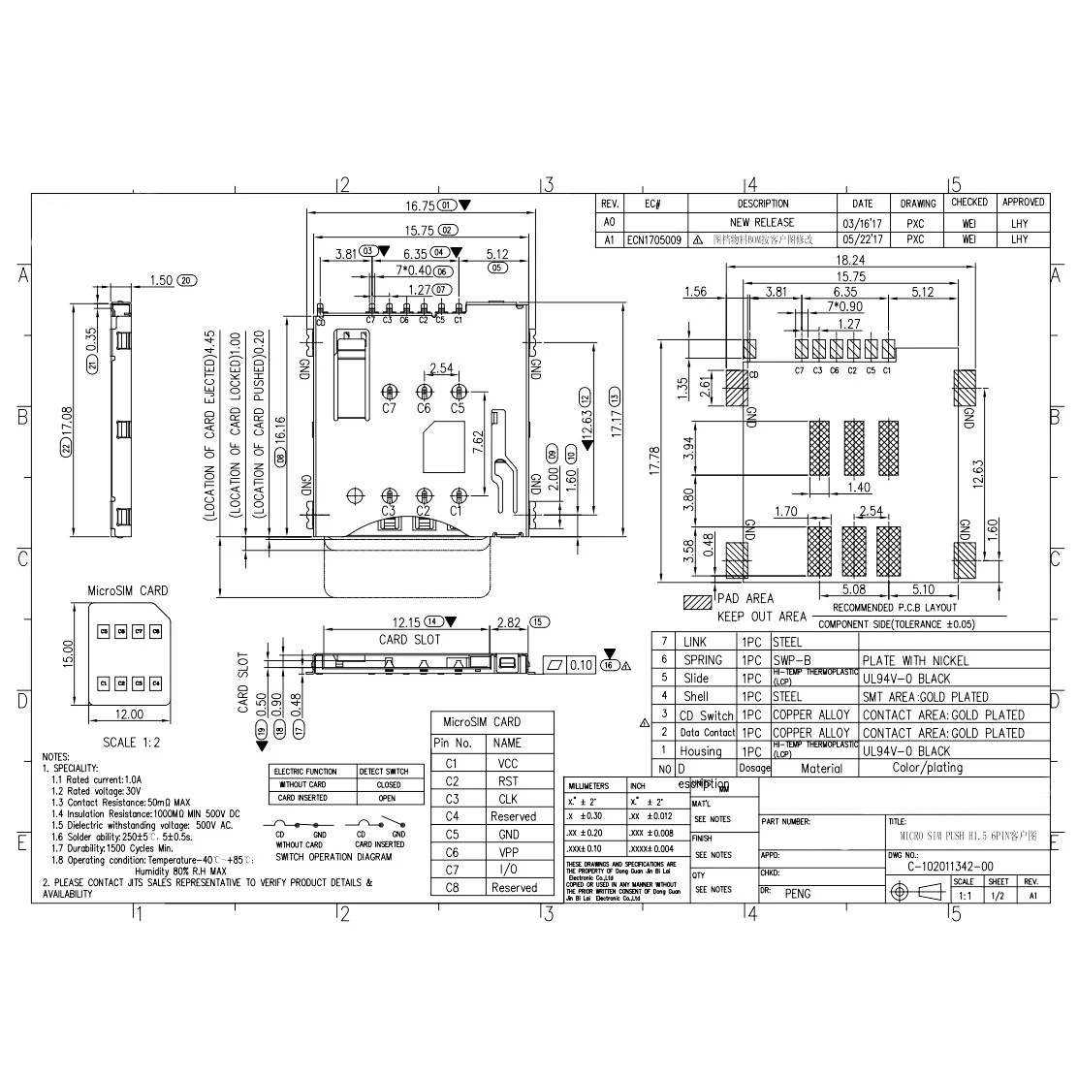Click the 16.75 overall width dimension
[421, 206]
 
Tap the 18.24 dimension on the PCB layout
[849, 261]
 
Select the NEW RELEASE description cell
[762, 222]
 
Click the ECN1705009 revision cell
[653, 239]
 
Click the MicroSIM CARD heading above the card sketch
[127, 590]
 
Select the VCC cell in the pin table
[507, 763]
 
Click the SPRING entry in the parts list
[702, 660]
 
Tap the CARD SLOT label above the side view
[409, 640]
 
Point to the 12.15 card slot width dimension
[405, 621]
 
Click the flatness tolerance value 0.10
[582, 665]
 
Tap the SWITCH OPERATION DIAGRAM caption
[333, 857]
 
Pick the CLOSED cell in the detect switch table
[389, 784]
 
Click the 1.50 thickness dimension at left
[162, 280]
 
